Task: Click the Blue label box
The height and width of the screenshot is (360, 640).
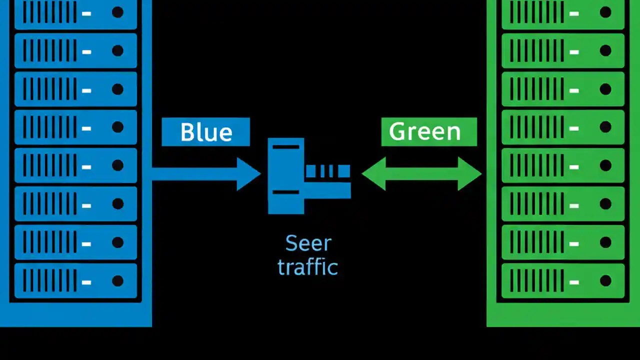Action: (x=205, y=132)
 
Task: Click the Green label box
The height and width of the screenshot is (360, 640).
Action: (x=428, y=132)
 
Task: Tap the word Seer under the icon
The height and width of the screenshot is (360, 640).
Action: (x=308, y=243)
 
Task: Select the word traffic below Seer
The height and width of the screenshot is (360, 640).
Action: (x=308, y=266)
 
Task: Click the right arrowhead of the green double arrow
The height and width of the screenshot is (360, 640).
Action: (x=469, y=174)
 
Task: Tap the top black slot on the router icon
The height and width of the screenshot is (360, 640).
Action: (x=286, y=147)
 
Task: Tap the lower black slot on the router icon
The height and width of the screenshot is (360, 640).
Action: (x=286, y=192)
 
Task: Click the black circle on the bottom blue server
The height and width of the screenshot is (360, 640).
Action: (x=117, y=280)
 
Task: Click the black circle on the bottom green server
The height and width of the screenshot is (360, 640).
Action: (x=605, y=280)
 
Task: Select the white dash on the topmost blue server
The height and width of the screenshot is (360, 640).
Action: (x=86, y=13)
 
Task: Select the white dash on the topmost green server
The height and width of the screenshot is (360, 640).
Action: (x=573, y=13)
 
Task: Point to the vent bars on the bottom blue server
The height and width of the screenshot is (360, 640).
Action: (x=50, y=280)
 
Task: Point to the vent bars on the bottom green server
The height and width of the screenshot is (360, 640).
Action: (x=537, y=280)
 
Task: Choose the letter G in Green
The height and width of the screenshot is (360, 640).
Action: (x=397, y=131)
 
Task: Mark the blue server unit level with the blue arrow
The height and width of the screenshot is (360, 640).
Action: (x=75, y=165)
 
